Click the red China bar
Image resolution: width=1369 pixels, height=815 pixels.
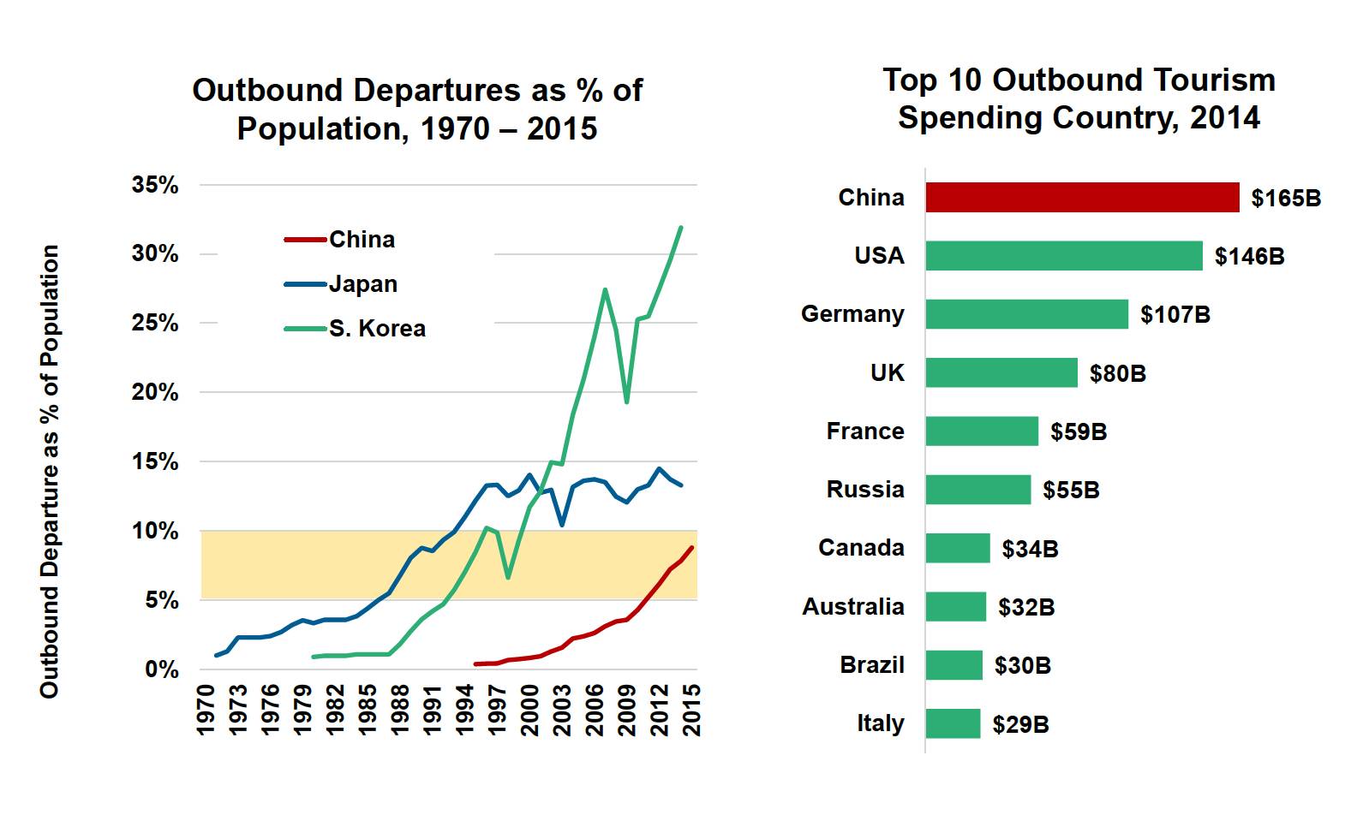(1082, 198)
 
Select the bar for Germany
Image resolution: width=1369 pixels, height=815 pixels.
(1026, 314)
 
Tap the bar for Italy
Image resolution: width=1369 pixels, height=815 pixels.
(953, 723)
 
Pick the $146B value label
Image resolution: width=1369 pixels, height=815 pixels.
(1249, 257)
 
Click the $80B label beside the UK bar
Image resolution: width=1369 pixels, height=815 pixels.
(1117, 373)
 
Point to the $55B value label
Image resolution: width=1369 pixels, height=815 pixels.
(1071, 491)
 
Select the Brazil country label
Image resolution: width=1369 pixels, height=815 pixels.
(871, 665)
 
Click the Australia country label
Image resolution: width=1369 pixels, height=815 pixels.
(852, 607)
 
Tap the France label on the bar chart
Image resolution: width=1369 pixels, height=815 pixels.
(864, 431)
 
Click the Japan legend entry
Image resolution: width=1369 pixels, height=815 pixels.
(362, 284)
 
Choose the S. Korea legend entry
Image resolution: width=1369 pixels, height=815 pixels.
(376, 329)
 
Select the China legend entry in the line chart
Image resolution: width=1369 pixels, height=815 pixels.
(361, 240)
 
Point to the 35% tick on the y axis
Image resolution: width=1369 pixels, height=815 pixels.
(155, 185)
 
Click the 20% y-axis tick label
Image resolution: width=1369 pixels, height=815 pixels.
(155, 393)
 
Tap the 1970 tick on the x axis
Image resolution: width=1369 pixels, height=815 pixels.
(206, 709)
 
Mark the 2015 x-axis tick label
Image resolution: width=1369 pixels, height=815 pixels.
(691, 709)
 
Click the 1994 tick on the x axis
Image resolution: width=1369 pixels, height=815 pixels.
(465, 709)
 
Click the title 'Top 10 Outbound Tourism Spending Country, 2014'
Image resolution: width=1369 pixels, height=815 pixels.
(1079, 98)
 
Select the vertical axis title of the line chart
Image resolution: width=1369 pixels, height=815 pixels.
(50, 471)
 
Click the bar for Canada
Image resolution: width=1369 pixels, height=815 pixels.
(957, 548)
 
